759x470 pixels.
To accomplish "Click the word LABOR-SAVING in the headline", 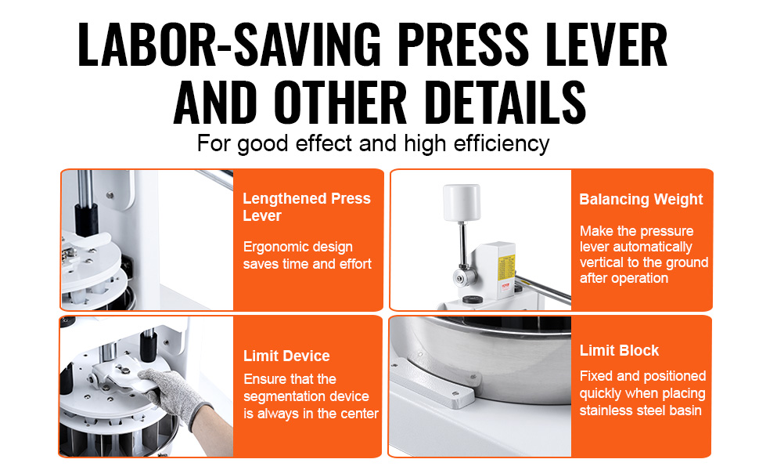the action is tap(229, 45).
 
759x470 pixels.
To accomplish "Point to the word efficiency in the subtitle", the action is tap(502, 144).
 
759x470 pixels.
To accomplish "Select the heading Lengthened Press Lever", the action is tap(307, 207).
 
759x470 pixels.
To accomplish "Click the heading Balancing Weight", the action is tap(641, 199).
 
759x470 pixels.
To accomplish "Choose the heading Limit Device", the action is tap(286, 356).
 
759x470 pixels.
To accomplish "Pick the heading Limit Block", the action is tap(619, 350).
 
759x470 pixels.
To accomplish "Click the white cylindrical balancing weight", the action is tap(462, 203).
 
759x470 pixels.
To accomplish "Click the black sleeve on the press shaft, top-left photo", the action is tap(86, 220).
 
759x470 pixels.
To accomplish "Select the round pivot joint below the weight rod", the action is tap(465, 277).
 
